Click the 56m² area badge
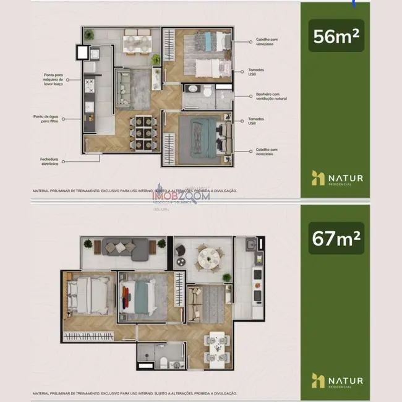click(x=338, y=36)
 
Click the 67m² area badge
click(x=338, y=239)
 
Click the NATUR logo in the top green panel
click(x=338, y=178)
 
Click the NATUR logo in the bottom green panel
click(x=338, y=380)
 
